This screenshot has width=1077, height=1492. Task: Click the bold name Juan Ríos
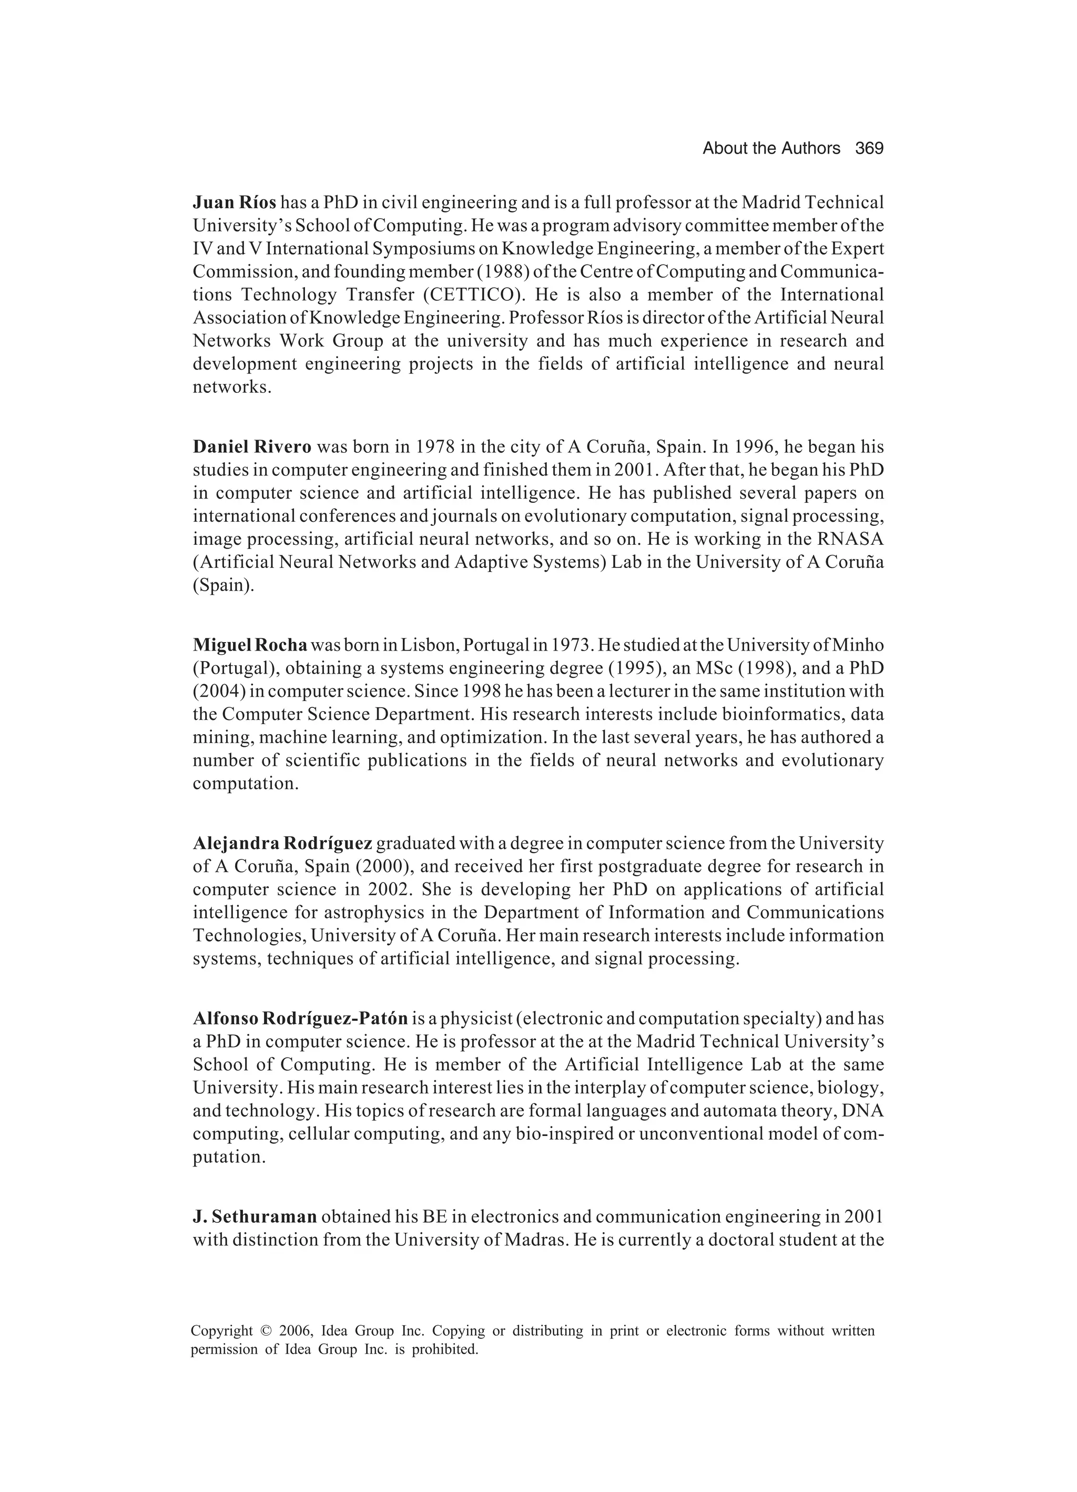click(x=234, y=202)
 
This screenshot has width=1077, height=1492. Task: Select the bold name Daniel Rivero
click(x=252, y=448)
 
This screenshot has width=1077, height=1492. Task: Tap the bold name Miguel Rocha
click(x=250, y=645)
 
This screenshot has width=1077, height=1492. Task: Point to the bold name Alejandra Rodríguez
click(x=283, y=844)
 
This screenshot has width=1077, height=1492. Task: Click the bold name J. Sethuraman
click(x=255, y=1217)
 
